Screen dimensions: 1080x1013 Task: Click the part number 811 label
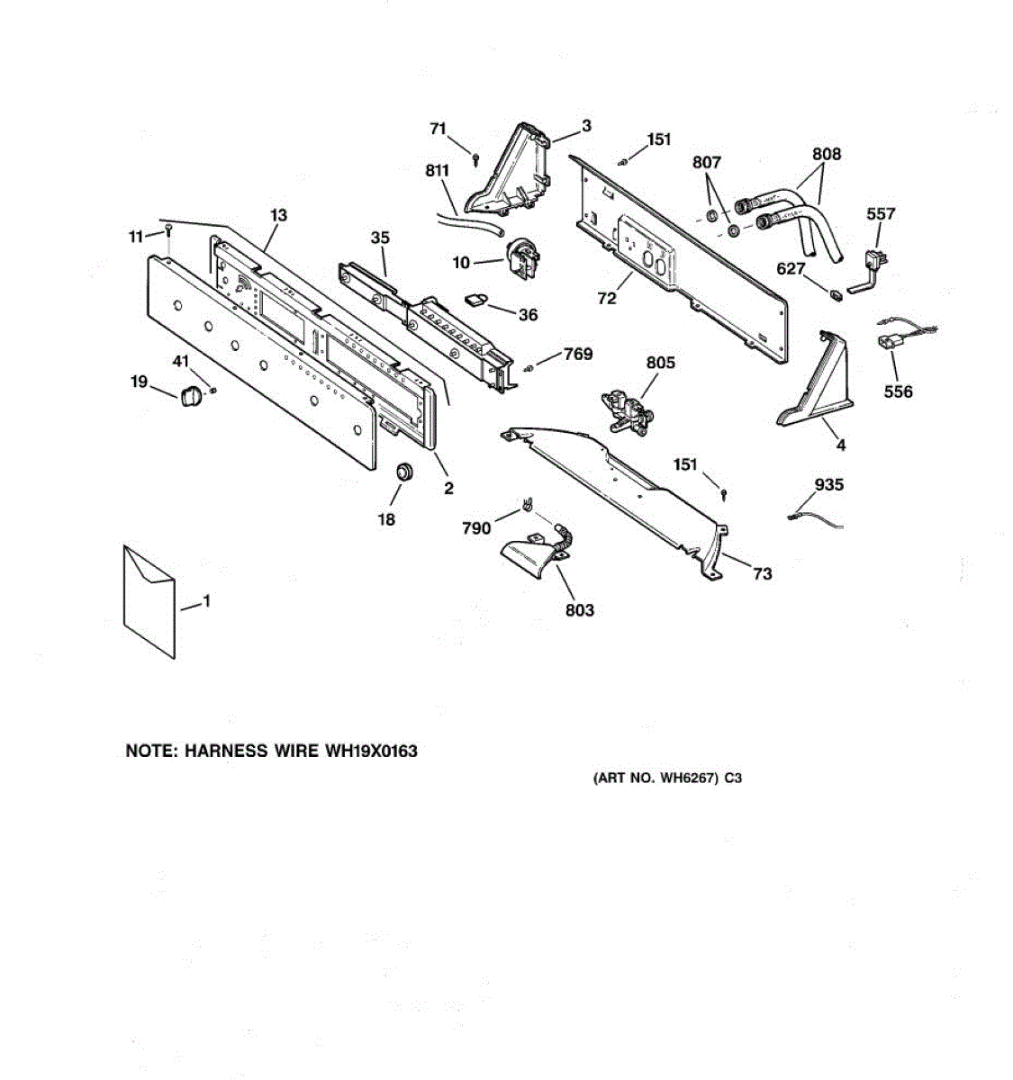click(x=437, y=169)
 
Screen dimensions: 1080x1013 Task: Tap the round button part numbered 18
click(x=403, y=472)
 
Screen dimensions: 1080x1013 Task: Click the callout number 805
click(x=660, y=363)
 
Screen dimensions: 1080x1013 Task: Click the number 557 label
click(x=881, y=213)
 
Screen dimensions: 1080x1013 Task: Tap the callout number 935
click(x=828, y=485)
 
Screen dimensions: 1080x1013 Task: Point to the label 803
click(x=580, y=610)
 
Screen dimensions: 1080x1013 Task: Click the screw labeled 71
click(x=475, y=157)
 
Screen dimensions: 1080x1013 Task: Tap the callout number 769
click(x=577, y=354)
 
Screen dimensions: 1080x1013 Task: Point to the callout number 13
click(x=278, y=215)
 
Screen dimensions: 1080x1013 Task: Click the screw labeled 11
click(x=168, y=232)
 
